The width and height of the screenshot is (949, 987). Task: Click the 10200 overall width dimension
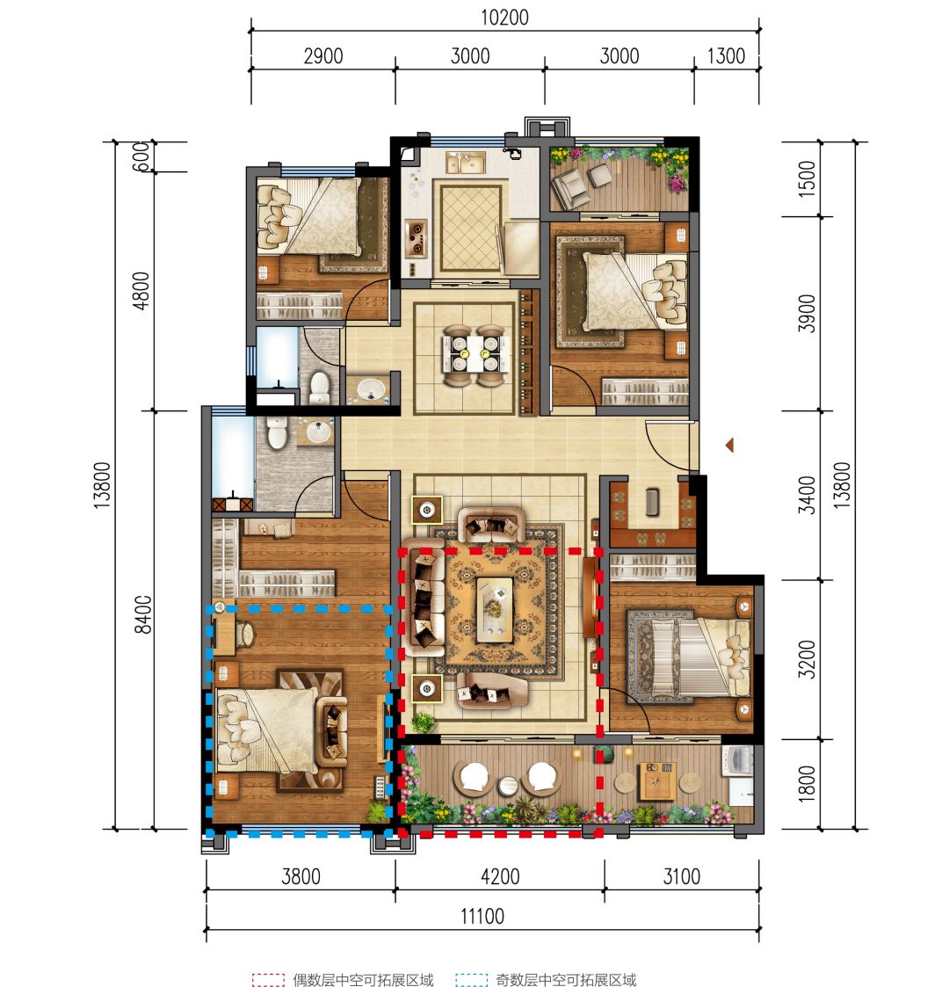(x=504, y=17)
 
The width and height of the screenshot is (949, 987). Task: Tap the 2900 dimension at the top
(x=323, y=56)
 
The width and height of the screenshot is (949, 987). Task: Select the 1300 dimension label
(x=726, y=56)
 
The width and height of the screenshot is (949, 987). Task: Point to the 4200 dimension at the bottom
(x=500, y=876)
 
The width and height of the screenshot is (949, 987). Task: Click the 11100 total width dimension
(x=482, y=916)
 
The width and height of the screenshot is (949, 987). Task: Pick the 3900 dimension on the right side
(x=807, y=313)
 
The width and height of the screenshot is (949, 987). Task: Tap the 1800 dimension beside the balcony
(x=807, y=784)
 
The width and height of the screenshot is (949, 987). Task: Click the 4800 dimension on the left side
(x=141, y=290)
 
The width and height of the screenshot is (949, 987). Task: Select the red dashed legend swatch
(x=268, y=979)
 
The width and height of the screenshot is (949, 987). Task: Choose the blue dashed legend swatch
(x=471, y=979)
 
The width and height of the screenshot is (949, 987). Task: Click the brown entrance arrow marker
(x=729, y=446)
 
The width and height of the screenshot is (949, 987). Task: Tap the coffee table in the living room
(x=495, y=609)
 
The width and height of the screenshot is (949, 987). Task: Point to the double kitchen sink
(x=465, y=163)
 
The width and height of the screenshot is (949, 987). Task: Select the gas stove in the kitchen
(x=416, y=237)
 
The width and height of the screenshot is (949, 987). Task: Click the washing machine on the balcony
(x=739, y=762)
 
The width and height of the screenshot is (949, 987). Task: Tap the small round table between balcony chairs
(x=508, y=785)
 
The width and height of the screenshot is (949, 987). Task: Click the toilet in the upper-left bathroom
(x=321, y=388)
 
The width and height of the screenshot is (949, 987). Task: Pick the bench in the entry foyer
(x=653, y=503)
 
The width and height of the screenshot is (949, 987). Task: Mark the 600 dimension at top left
(x=141, y=156)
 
